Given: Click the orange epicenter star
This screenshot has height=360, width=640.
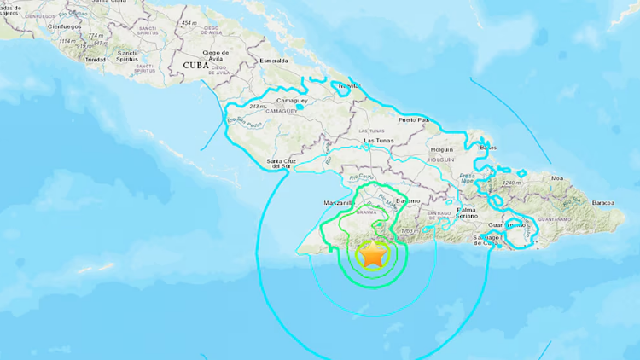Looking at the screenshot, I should coord(373,254).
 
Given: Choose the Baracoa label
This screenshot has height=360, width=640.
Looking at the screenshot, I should coord(604,203).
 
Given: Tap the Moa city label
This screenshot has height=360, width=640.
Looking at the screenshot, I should coord(582,177).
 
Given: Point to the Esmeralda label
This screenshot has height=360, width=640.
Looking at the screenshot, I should coord(274,61).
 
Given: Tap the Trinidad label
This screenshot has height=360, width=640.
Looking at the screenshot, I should coord(96,59).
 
